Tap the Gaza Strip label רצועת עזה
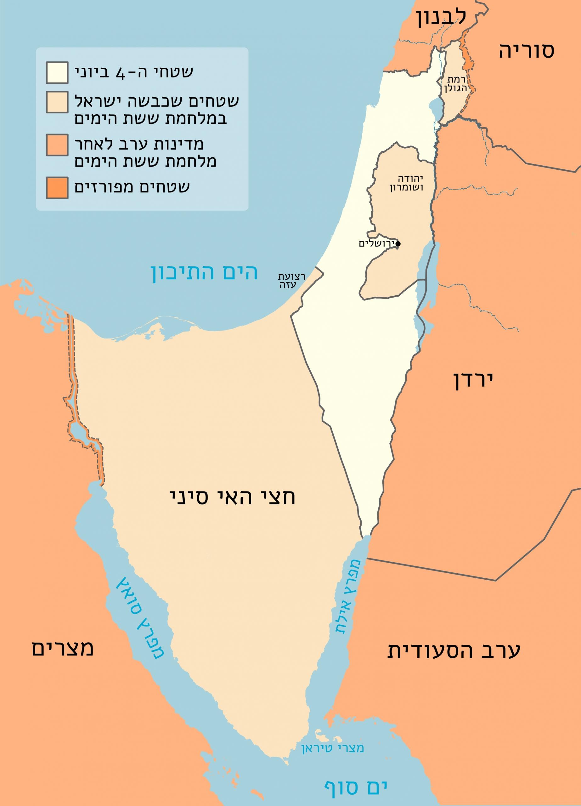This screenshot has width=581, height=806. pos(291,281)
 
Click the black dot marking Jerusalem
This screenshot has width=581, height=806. pos(398,244)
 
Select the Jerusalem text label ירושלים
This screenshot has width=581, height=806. pos(377,244)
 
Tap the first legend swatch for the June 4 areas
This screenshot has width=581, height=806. pos(57,72)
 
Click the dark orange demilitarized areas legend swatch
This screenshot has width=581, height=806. pos(57,188)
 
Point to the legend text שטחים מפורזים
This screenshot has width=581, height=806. pos(132,187)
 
